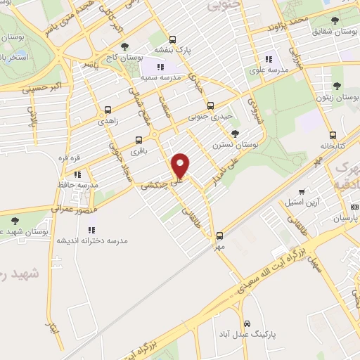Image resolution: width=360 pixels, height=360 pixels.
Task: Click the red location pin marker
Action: (181, 165)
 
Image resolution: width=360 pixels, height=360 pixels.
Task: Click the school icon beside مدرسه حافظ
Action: (79, 174)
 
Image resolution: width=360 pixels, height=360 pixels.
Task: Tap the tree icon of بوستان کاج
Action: (124, 46)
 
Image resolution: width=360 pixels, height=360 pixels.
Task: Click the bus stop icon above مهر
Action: (219, 236)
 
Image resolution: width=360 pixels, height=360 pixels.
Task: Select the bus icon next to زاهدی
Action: (108, 110)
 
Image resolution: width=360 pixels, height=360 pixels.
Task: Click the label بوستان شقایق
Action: (331, 32)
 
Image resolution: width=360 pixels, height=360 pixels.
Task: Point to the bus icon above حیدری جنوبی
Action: (210, 105)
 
